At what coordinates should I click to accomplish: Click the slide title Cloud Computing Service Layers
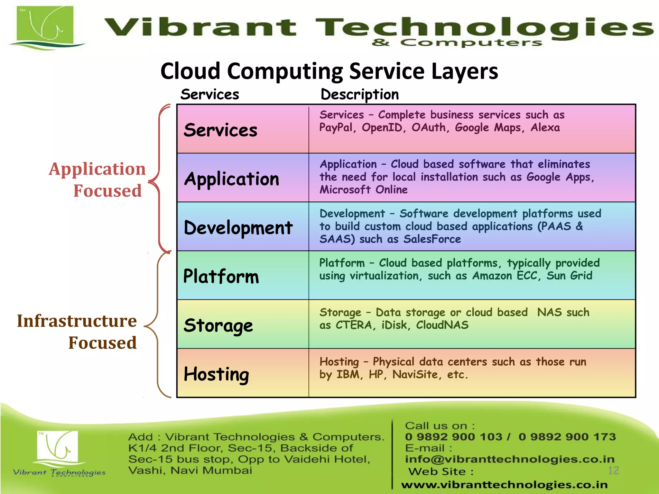[x=329, y=71]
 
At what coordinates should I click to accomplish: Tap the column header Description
[x=359, y=95]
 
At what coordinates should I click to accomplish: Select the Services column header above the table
[x=209, y=95]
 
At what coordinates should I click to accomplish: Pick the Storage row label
[x=218, y=325]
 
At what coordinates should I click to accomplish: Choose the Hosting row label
[x=216, y=374]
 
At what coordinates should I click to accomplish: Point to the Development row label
[x=238, y=228]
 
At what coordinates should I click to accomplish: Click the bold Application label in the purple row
[x=232, y=179]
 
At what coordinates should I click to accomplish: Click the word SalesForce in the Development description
[x=432, y=239]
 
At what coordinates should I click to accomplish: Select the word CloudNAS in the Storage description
[x=442, y=325]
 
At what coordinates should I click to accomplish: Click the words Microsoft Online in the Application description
[x=364, y=190]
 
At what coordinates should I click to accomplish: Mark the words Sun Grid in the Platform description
[x=569, y=276]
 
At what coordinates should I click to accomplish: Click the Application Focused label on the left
[x=97, y=179]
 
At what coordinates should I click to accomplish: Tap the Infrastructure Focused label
[x=77, y=332]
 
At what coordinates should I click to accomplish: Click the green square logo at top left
[x=45, y=26]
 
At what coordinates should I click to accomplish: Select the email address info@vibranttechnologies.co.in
[x=510, y=459]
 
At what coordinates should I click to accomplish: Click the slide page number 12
[x=613, y=471]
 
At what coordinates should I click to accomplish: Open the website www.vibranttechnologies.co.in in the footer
[x=504, y=485]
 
